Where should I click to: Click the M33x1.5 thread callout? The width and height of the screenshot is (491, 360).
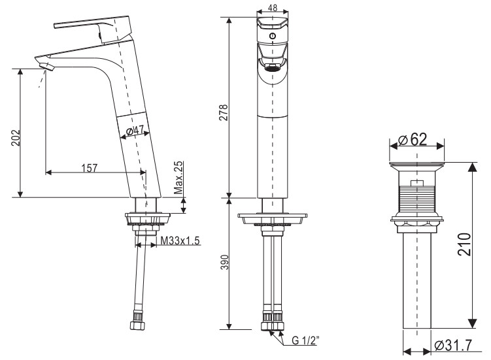point(180,242)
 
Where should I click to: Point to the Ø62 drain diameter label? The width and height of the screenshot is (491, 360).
point(416,139)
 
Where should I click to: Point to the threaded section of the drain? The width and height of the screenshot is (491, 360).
point(417,198)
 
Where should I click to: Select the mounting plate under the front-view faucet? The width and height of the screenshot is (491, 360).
point(273,216)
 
